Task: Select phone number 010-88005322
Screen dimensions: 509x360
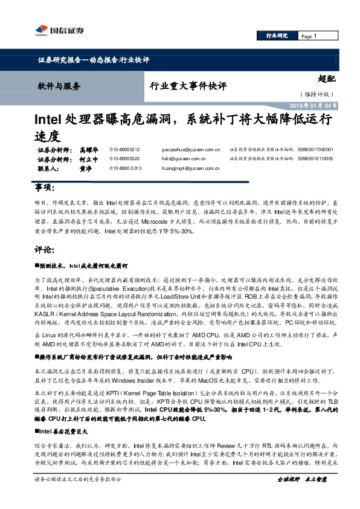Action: pyautogui.click(x=125, y=158)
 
